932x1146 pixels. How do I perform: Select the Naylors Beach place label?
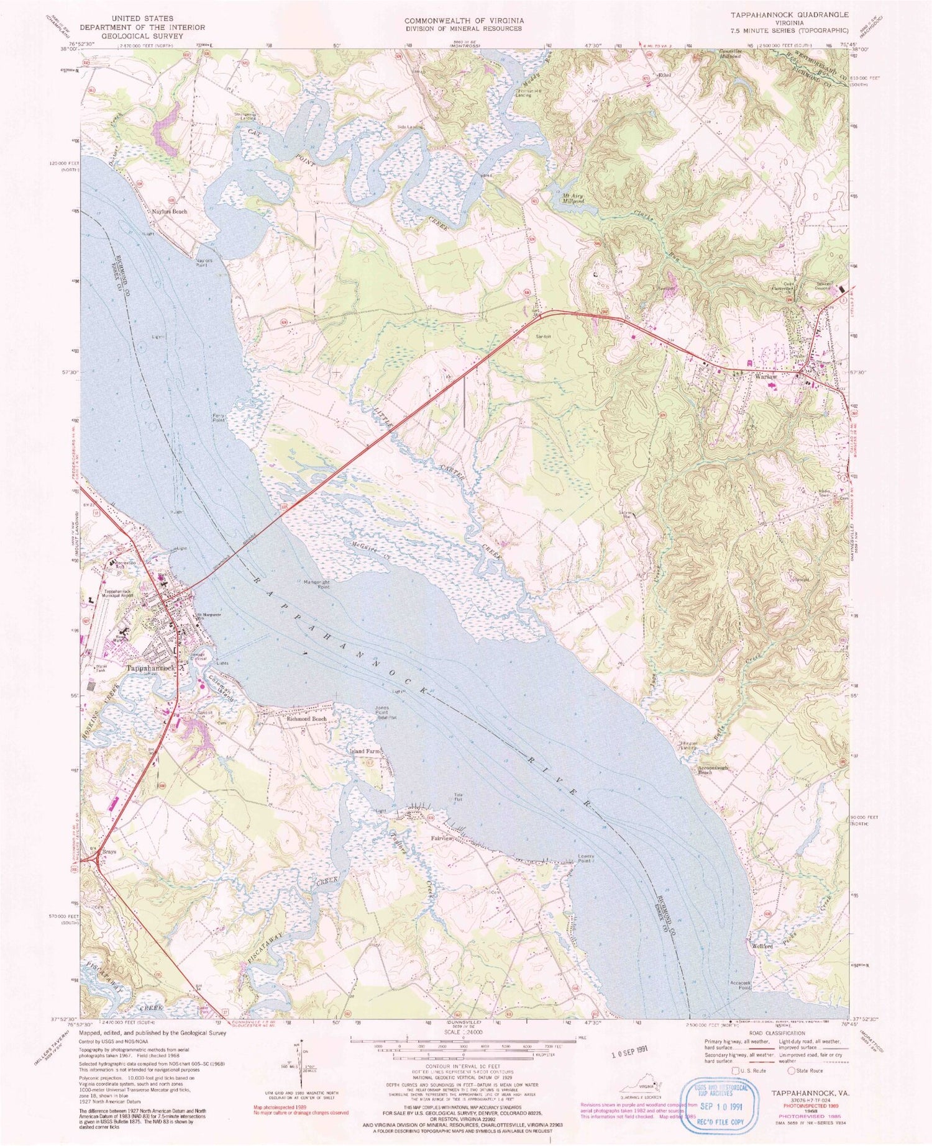170,212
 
